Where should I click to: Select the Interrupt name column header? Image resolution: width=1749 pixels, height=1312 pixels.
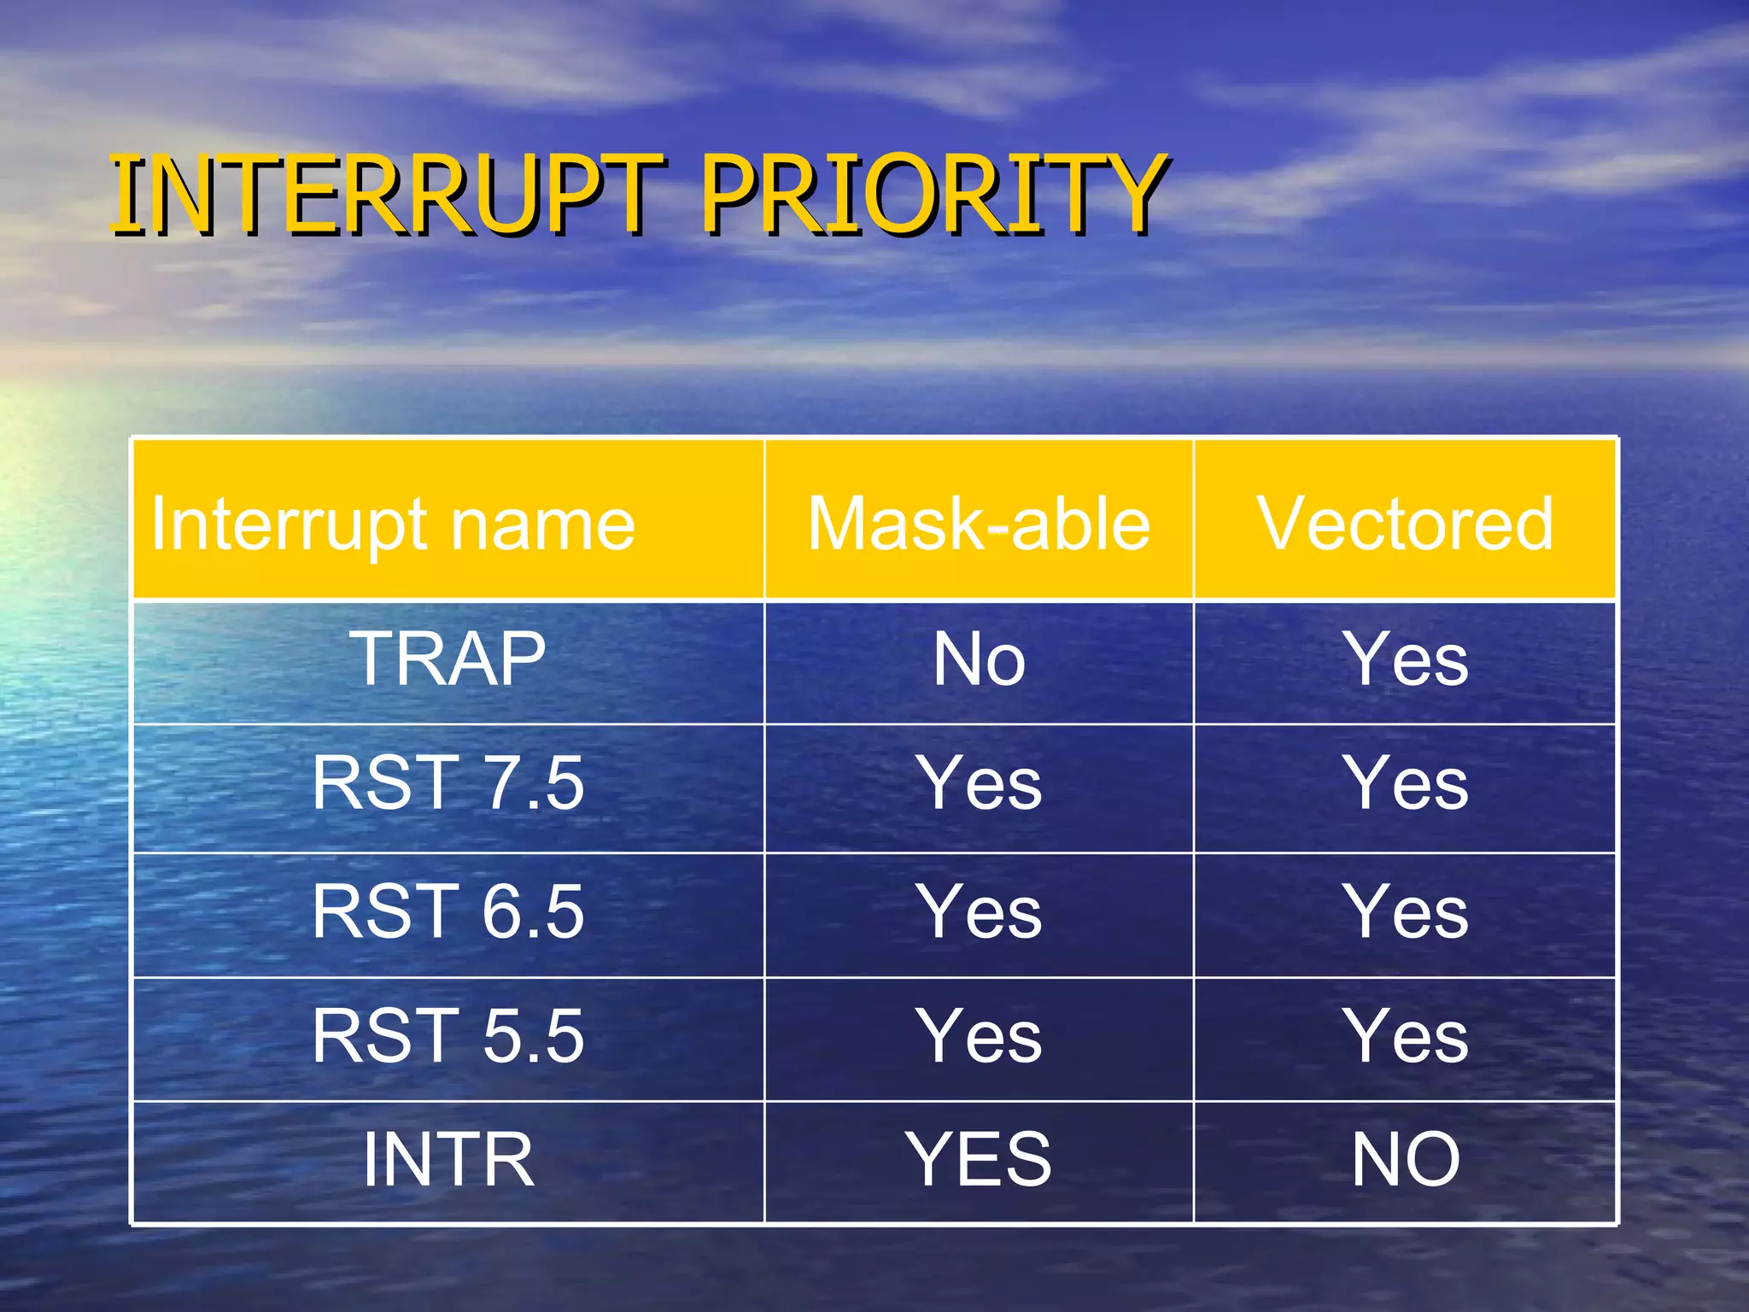(394, 524)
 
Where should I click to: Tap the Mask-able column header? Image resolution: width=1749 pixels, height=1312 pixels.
(979, 524)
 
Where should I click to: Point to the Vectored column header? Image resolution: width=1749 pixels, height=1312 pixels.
(1405, 524)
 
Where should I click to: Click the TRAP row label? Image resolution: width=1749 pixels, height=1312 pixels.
(447, 659)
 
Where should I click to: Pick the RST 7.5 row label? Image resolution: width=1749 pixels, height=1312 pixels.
(447, 784)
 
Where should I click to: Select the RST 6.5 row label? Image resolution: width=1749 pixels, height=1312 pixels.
(447, 912)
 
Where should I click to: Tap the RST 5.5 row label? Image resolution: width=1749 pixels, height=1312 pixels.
(447, 1036)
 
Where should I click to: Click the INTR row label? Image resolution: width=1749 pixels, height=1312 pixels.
(447, 1160)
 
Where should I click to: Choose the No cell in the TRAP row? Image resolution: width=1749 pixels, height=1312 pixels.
(979, 659)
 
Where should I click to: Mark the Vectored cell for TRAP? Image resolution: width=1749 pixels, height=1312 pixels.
(1406, 659)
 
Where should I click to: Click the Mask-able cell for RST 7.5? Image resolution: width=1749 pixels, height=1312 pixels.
(979, 784)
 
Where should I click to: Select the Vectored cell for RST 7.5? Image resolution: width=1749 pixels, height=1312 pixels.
(1406, 784)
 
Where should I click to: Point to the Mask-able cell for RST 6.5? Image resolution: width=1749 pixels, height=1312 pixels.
(979, 912)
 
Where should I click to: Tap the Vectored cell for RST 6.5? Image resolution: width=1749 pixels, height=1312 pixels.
(1406, 912)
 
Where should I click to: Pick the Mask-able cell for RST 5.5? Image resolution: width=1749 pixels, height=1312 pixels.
(979, 1036)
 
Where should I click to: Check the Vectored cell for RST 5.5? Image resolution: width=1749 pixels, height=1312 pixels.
(1406, 1036)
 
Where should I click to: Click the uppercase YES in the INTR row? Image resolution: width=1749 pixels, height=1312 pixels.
(979, 1160)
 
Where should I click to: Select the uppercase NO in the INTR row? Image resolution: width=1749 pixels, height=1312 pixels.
(1406, 1160)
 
